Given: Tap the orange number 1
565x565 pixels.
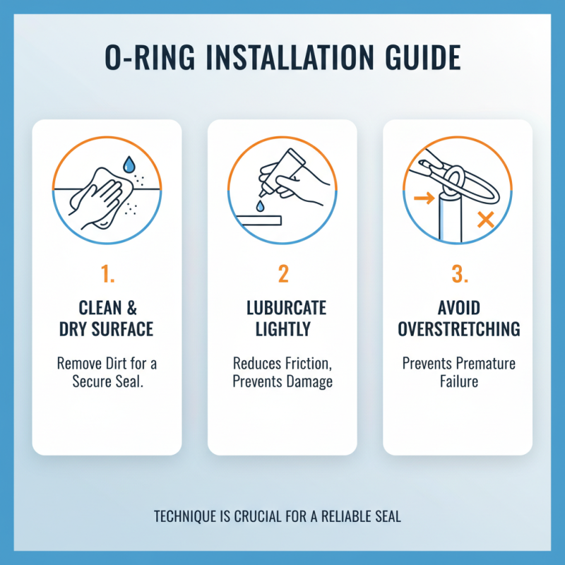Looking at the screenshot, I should point(107,274).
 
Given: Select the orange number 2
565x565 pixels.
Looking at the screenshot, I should point(282,274).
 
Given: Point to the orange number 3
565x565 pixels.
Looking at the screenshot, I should point(459,274).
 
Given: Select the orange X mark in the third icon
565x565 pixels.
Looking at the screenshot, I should point(484,220).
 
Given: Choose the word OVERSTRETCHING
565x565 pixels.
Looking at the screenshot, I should point(459,329).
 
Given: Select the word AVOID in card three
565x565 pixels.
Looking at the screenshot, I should point(459,309).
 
